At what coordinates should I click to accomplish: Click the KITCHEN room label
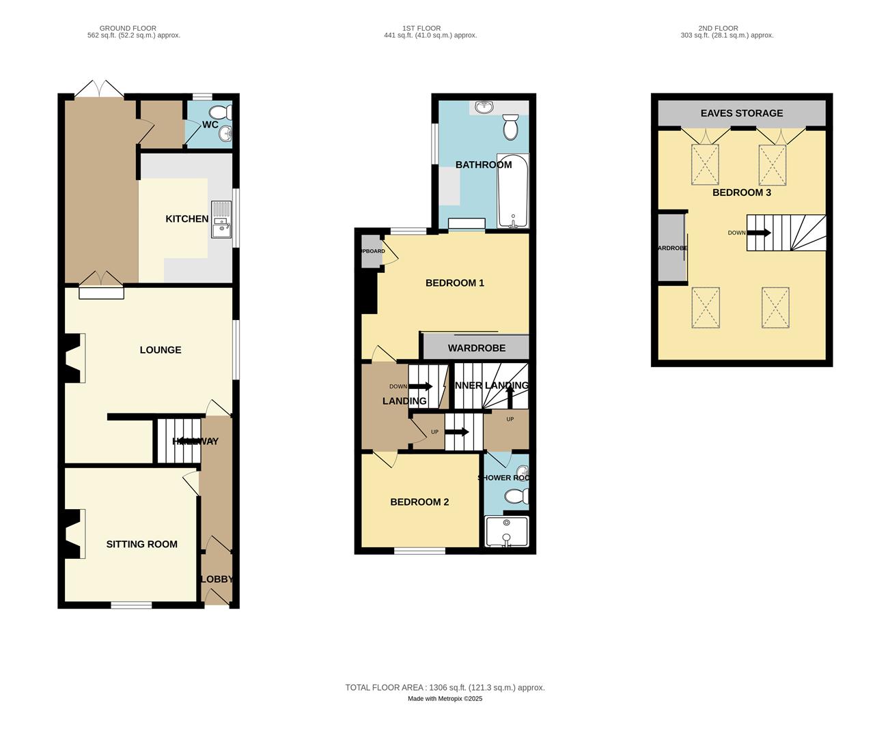pos(186,219)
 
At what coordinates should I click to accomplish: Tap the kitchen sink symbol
pos(221,219)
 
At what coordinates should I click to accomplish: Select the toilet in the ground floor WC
pos(220,113)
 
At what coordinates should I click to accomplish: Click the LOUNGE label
pos(161,350)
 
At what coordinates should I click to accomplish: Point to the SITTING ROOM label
pos(142,545)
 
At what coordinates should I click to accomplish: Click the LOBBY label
pos(217,579)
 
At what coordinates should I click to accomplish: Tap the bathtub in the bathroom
pos(512,191)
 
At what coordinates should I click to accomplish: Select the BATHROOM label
pos(484,165)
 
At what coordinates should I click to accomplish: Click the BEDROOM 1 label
pos(455,283)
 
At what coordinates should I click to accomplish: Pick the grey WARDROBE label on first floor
pos(477,348)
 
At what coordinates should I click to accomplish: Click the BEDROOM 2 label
pos(419,502)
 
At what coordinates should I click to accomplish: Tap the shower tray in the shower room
pos(506,532)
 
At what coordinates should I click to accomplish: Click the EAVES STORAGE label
pos(742,113)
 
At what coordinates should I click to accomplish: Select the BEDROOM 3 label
pos(742,192)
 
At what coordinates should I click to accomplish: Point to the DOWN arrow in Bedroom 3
pos(757,233)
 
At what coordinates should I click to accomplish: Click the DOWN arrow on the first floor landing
pos(421,386)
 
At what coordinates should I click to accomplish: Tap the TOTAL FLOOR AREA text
pos(445,688)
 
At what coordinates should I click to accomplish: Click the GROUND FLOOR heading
pos(128,29)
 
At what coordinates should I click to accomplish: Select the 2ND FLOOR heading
pos(718,29)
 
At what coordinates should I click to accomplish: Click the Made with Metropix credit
pos(445,699)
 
